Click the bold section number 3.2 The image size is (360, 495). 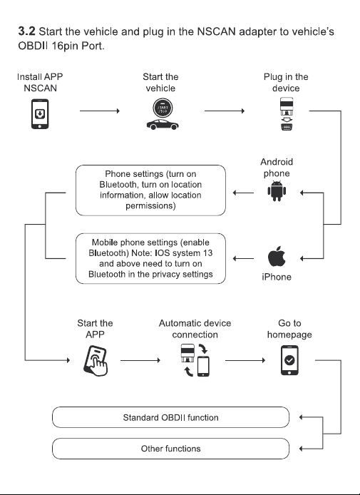coord(26,31)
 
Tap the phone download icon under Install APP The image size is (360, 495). coord(40,114)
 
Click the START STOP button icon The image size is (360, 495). coord(163,108)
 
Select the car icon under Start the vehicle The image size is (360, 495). coord(163,124)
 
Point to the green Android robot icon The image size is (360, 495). coord(277,190)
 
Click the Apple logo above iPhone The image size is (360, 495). coord(277,257)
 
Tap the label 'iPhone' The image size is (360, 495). coord(277,277)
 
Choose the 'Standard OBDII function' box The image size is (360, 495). coord(170,417)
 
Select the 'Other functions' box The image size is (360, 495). coord(170,449)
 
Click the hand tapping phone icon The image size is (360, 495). coord(96,360)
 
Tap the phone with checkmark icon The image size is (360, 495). coord(289,360)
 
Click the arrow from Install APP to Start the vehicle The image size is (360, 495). coord(100,111)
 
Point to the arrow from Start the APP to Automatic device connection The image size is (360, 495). coord(140,360)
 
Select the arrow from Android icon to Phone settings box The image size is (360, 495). coord(243,193)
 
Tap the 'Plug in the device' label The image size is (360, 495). coord(286,83)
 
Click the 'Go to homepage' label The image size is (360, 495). coord(289,329)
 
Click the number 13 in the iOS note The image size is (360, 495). coord(208,253)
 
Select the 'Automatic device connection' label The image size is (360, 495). coord(195,329)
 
